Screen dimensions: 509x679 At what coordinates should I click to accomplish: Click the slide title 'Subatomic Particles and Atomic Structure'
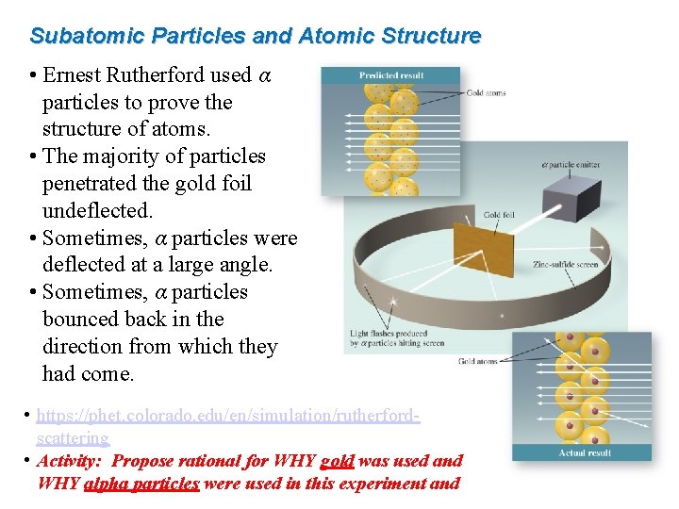click(255, 37)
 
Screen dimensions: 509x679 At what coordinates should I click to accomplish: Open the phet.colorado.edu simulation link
click(226, 416)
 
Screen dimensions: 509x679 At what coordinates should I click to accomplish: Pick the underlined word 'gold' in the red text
click(337, 461)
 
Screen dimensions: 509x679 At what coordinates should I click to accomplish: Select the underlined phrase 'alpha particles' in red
click(141, 484)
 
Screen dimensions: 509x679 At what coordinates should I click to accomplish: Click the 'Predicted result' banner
click(390, 75)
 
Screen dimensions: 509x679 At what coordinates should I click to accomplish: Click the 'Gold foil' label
click(499, 216)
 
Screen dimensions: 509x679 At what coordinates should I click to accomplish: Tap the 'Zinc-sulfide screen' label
click(565, 265)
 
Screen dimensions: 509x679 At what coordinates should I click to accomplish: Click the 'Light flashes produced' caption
click(389, 334)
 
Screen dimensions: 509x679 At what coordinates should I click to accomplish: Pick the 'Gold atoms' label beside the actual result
click(479, 361)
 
